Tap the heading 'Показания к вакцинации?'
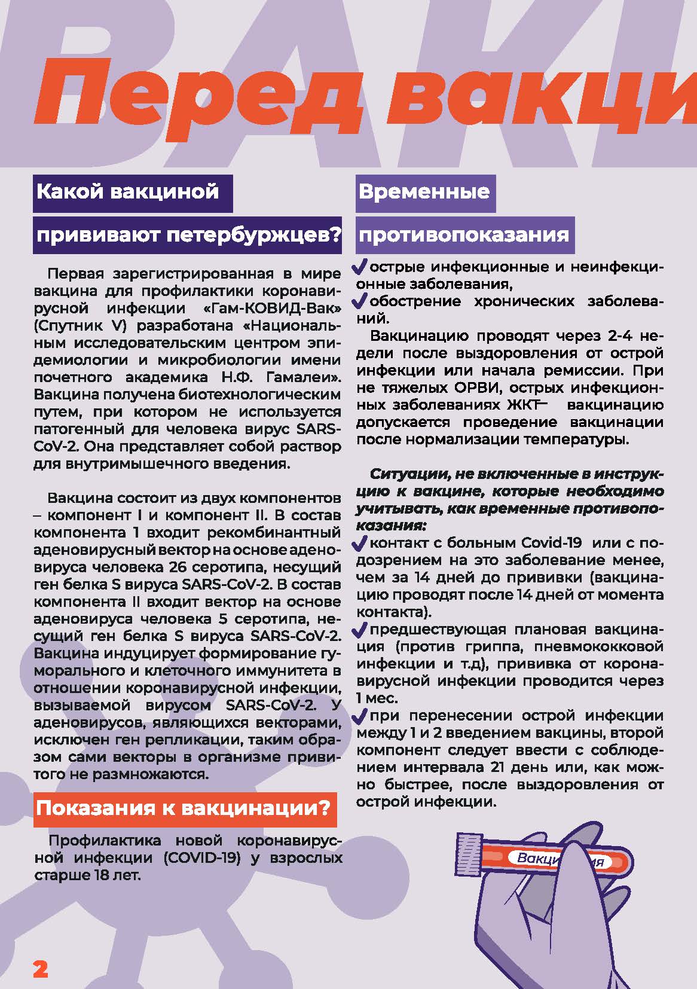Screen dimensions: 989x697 point(183,808)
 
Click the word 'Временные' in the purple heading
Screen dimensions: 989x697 point(424,191)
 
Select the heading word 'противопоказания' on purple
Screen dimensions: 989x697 point(463,234)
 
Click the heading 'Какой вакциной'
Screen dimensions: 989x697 point(128,191)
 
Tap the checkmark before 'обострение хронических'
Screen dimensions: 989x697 point(361,300)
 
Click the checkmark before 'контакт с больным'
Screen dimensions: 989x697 point(361,543)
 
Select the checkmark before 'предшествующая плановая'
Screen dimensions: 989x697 point(361,629)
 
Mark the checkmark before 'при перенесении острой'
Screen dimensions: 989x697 point(361,715)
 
